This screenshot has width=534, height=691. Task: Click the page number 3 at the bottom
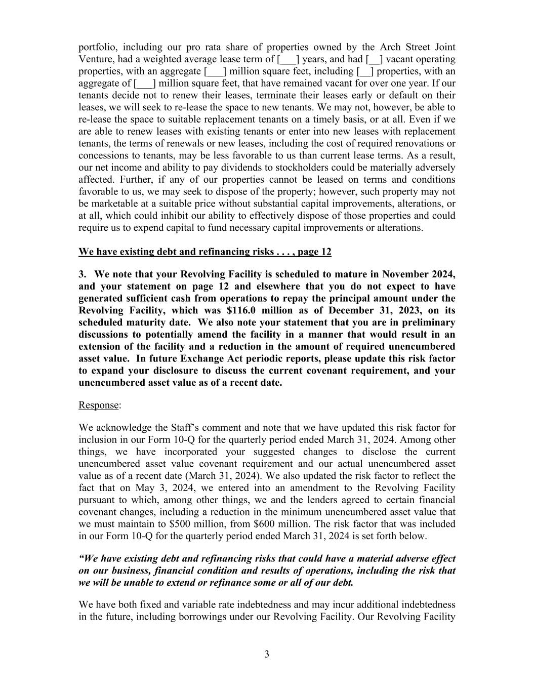pos(267,655)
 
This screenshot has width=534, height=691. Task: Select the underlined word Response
pos(98,405)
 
